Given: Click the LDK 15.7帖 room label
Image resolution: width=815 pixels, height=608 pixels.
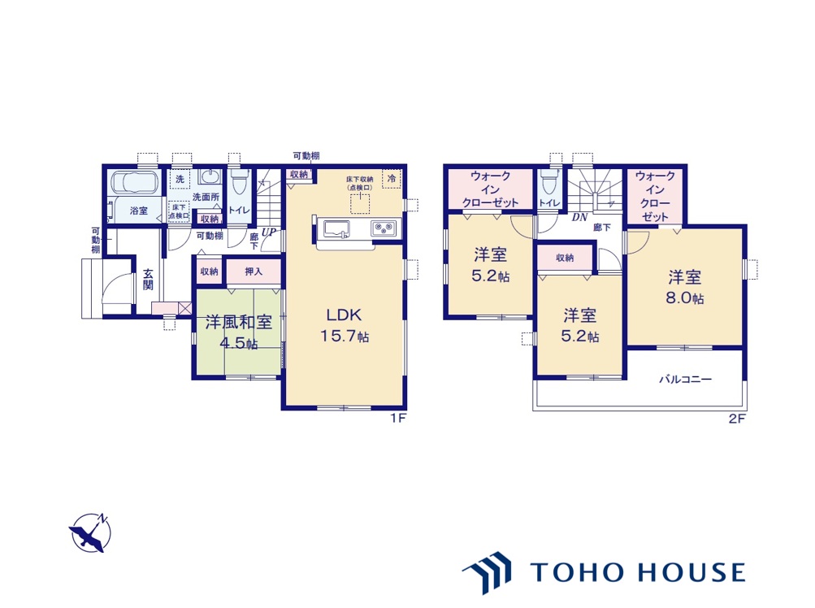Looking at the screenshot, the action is click(345, 325).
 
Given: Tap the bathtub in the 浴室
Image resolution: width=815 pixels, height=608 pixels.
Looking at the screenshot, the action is click(135, 183).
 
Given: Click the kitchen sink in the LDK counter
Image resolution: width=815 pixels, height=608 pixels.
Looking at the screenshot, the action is click(336, 228).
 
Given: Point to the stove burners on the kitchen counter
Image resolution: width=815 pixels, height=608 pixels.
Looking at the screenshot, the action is click(384, 228).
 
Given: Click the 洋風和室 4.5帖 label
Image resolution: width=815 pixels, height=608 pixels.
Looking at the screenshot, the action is click(239, 332).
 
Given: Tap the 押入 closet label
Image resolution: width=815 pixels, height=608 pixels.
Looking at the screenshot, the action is click(254, 271).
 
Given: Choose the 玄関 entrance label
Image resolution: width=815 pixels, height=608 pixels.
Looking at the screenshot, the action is click(148, 279).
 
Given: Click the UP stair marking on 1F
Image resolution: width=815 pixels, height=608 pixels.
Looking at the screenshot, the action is click(268, 232).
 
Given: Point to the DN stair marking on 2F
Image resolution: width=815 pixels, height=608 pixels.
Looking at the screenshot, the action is click(579, 218).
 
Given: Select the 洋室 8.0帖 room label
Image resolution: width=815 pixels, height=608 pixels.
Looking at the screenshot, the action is click(685, 287).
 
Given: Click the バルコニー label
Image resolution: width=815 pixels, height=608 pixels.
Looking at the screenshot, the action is click(686, 379).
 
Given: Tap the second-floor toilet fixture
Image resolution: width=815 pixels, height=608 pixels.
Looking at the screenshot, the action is click(548, 182).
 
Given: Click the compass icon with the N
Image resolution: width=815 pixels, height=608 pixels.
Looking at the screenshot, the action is click(90, 532).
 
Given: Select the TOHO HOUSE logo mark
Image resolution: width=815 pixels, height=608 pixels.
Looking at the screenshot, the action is click(487, 572).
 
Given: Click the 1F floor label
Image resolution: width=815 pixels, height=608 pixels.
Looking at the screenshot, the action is click(398, 418).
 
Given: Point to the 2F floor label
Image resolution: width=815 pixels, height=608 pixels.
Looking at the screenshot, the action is click(737, 418).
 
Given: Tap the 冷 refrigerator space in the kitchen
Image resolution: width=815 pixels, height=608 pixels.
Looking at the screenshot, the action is click(392, 178).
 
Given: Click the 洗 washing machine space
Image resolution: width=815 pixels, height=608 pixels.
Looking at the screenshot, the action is click(180, 179).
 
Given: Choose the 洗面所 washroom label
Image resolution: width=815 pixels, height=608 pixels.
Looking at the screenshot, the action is click(206, 198).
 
